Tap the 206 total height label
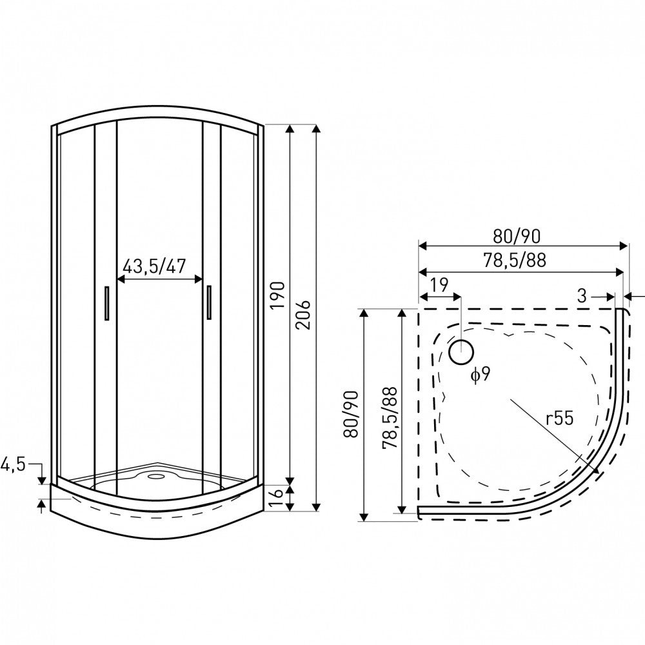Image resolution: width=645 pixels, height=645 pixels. [304, 315]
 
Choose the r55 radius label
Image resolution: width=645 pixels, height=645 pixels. [559, 418]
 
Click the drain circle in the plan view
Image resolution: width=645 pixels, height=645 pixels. [461, 352]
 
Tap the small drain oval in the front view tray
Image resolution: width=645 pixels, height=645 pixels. [155, 478]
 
